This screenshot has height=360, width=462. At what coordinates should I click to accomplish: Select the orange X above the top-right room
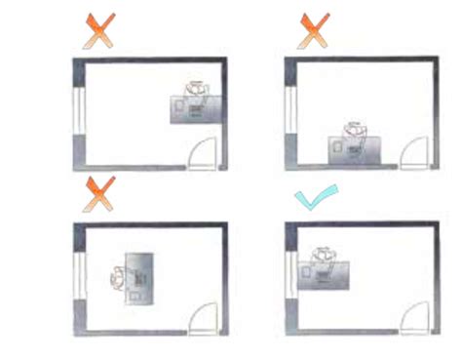(x=313, y=32)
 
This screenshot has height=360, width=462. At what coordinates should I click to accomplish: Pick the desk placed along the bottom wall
(x=355, y=149)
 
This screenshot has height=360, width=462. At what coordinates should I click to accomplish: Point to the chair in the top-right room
(x=357, y=128)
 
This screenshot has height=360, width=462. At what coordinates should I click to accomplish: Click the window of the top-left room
(x=78, y=111)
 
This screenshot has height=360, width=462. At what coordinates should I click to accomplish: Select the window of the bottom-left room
(x=79, y=277)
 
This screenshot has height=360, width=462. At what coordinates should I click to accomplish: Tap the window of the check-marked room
(x=289, y=277)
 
